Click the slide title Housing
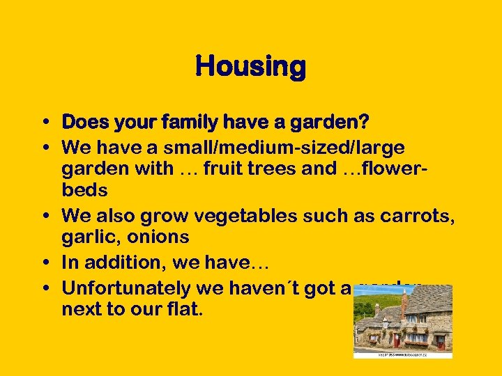click(x=250, y=68)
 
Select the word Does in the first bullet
click(x=86, y=123)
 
